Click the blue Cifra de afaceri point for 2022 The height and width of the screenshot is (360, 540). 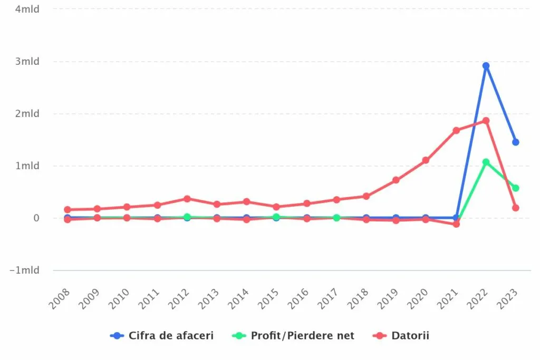click(486, 66)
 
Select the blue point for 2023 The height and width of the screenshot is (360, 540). click(515, 142)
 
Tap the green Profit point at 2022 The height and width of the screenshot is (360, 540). click(486, 162)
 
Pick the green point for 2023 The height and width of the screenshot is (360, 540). click(515, 188)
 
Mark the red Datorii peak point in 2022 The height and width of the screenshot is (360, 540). click(486, 121)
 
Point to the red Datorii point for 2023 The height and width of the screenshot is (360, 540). click(515, 208)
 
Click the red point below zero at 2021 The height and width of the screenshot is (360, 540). click(456, 224)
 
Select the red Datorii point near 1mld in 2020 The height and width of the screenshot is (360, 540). click(426, 160)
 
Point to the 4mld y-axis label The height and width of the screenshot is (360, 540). click(27, 9)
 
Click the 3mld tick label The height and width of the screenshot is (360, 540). click(27, 61)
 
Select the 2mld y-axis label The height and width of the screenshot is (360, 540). click(27, 113)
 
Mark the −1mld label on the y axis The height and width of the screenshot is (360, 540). click(25, 270)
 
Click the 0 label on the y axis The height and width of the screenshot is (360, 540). click(36, 218)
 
